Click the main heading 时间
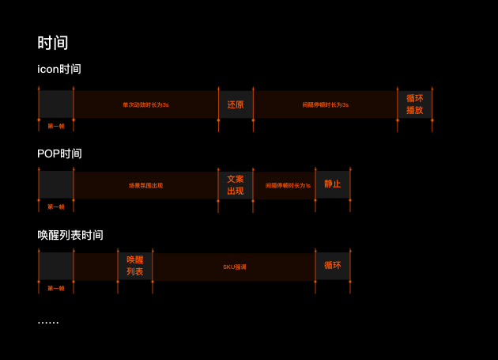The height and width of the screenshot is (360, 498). [x=53, y=43]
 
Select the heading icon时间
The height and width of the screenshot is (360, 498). [x=59, y=69]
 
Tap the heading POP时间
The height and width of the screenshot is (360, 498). [x=59, y=153]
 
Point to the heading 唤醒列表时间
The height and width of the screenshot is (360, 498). [x=70, y=235]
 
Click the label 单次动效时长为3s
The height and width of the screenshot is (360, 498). [x=145, y=104]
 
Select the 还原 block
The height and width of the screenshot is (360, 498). [x=236, y=104]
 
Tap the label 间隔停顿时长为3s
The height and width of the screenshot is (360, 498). [x=325, y=104]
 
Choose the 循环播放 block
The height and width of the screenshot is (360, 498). [x=415, y=104]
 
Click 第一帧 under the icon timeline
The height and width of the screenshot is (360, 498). [x=56, y=126]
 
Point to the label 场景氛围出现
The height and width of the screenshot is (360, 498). [x=145, y=185]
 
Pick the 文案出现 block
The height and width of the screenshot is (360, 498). [x=236, y=185]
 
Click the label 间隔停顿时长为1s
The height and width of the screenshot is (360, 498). [x=288, y=185]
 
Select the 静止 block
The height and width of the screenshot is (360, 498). [x=333, y=184]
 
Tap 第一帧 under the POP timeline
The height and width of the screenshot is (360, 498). [x=56, y=207]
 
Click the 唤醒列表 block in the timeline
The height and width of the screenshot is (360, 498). [x=135, y=266]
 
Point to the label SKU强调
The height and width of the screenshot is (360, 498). [x=235, y=267]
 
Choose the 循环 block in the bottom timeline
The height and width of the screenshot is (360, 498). [x=333, y=266]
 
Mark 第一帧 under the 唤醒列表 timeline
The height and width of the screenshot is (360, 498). [x=56, y=288]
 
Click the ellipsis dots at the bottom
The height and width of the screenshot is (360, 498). [x=48, y=322]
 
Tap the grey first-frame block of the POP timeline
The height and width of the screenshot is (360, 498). [x=56, y=185]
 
